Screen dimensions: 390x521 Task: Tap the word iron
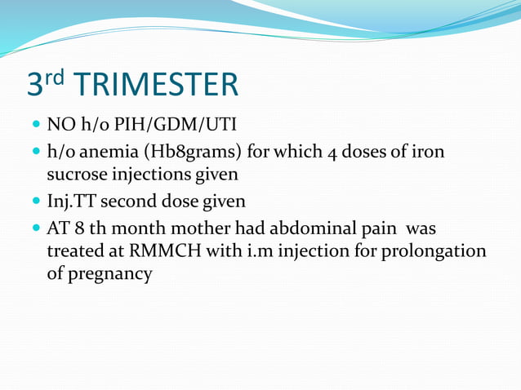428,153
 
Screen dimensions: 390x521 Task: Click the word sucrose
77,174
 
